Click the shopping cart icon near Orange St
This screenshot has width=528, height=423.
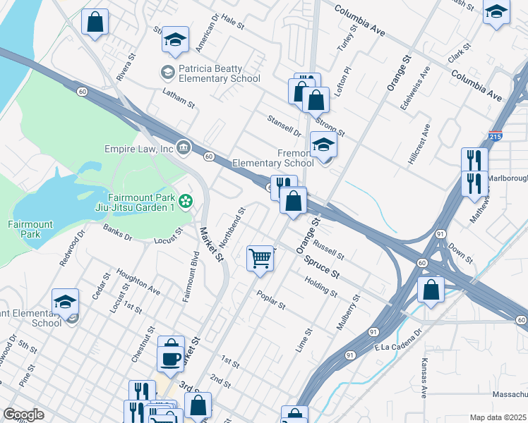click(260, 258)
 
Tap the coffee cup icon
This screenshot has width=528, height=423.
click(171, 358)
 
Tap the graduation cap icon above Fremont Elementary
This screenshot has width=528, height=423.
click(323, 145)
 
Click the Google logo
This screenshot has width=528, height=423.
click(23, 415)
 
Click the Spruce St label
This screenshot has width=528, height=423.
click(322, 267)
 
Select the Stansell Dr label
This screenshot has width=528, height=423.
click(284, 125)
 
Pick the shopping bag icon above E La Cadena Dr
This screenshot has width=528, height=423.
click(430, 289)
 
